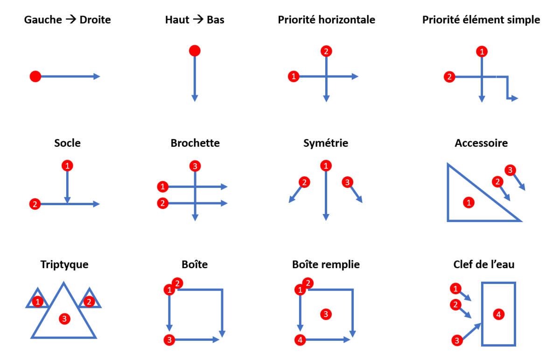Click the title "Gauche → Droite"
point(68,20)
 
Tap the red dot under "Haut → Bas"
point(195,50)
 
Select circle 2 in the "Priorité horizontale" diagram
point(326,51)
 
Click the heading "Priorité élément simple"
point(481,20)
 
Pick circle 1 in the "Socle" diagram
point(68,165)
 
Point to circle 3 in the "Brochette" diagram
point(195,166)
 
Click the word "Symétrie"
point(326,143)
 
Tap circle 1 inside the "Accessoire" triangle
point(468,202)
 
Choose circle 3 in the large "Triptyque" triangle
point(64,319)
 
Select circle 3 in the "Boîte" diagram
point(169,340)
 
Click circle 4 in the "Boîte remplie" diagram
point(300,340)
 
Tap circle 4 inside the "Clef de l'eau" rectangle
point(498,315)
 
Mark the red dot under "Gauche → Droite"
point(35,76)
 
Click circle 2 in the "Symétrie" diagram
point(304,182)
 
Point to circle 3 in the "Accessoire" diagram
point(511,170)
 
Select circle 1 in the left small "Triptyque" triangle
point(38,301)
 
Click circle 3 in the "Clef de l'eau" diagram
point(457,340)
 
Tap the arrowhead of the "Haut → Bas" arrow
point(195,98)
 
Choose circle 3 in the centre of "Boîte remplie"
point(326,314)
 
